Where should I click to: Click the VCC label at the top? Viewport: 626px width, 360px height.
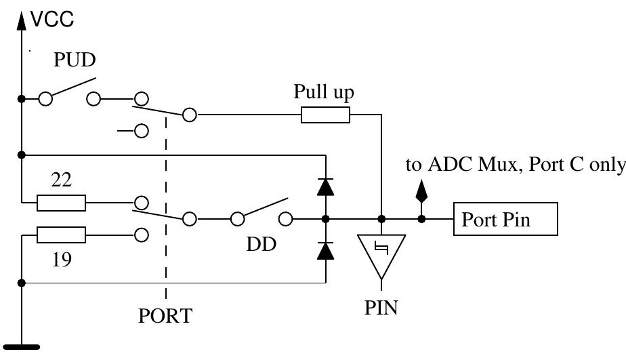pyautogui.click(x=52, y=20)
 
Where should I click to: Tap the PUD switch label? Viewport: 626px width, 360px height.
pyautogui.click(x=75, y=60)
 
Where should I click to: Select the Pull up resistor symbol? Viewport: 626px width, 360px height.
pyautogui.click(x=325, y=115)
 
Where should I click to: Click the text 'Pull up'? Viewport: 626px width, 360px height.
pyautogui.click(x=324, y=92)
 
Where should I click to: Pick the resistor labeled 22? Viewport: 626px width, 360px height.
pyautogui.click(x=61, y=203)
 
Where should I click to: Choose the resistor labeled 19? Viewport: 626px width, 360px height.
pyautogui.click(x=61, y=235)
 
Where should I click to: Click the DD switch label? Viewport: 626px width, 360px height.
pyautogui.click(x=262, y=245)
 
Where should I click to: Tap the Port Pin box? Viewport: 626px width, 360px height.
pyautogui.click(x=505, y=220)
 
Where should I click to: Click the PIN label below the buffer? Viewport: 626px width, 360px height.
pyautogui.click(x=381, y=308)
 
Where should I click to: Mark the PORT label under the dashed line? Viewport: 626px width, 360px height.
pyautogui.click(x=165, y=317)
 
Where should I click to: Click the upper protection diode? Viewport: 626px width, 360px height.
pyautogui.click(x=326, y=187)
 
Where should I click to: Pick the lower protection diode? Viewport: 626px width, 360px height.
pyautogui.click(x=326, y=251)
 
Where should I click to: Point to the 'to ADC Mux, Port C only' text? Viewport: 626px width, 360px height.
pyautogui.click(x=515, y=165)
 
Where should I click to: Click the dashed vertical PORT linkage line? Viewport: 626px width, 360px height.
pyautogui.click(x=165, y=203)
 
